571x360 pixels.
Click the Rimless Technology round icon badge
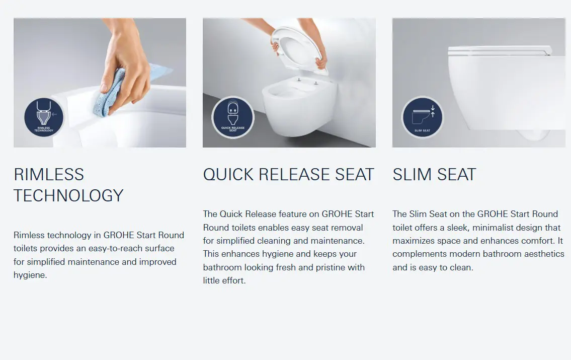(44, 117)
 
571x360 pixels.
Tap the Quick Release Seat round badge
(233, 117)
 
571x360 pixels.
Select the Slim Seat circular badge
(423, 117)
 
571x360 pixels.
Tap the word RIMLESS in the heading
(49, 175)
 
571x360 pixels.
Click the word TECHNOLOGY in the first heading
(68, 196)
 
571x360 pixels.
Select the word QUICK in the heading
(228, 175)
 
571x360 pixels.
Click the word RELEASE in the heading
(294, 175)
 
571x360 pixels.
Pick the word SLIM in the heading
(412, 175)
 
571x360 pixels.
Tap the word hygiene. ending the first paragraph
(31, 275)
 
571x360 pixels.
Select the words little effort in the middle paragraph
(224, 280)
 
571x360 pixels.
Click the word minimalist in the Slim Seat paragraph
(496, 228)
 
